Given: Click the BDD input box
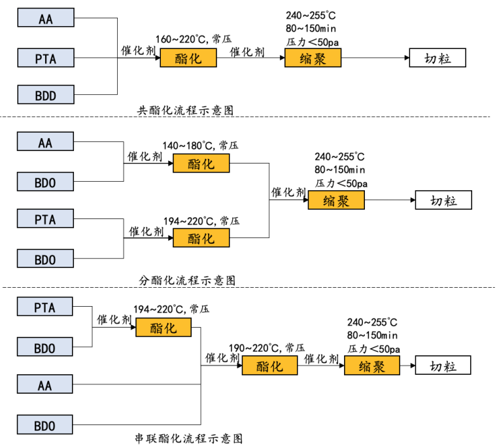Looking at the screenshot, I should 45,95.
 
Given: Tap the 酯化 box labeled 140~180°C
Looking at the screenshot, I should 201,164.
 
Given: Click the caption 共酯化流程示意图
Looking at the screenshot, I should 184,111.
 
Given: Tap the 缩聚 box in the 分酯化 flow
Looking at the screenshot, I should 336,200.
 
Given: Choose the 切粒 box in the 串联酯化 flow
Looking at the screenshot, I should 443,366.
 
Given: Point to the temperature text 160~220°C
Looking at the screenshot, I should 181,40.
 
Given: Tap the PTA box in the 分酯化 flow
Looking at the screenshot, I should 45,219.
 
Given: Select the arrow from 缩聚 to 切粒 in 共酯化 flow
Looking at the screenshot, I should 375,58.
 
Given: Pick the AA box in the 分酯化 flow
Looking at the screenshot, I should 45,143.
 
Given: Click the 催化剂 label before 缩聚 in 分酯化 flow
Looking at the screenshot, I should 288,192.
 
